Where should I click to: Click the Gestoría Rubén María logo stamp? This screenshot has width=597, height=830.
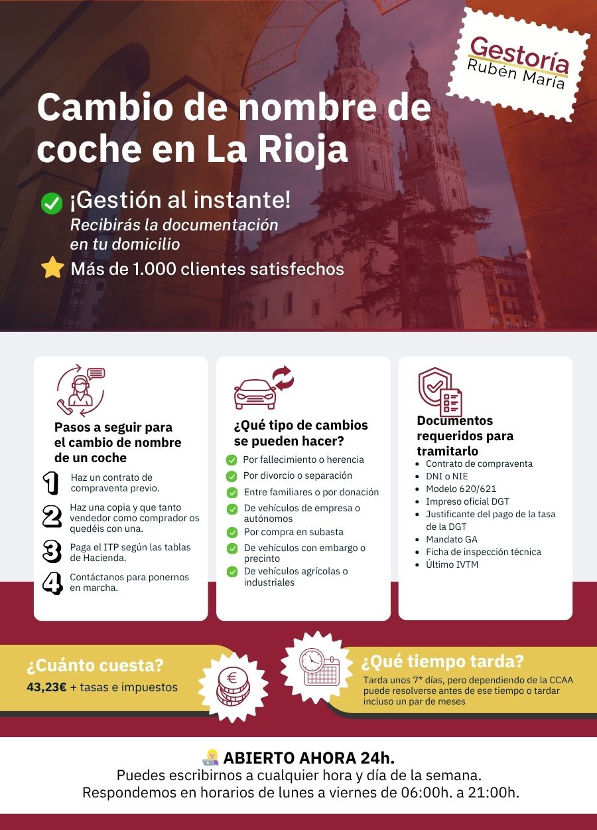[x=518, y=64]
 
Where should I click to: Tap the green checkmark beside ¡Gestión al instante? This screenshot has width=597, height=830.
[x=52, y=203]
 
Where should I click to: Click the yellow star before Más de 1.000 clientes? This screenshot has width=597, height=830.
[x=52, y=268]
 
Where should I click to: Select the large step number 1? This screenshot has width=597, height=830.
[x=50, y=483]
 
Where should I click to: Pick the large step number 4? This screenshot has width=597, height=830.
[x=52, y=582]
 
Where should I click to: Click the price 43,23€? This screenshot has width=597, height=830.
[x=46, y=687]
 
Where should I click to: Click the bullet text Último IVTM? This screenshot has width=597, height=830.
[x=452, y=564]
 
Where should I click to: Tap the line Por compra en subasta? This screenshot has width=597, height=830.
[x=293, y=532]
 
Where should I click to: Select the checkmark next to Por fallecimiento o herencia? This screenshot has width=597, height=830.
[x=232, y=459]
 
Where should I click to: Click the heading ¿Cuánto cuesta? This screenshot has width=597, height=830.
[x=95, y=665]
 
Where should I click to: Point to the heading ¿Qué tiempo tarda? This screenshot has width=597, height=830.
[x=442, y=662]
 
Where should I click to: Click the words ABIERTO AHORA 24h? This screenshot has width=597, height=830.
[x=309, y=758]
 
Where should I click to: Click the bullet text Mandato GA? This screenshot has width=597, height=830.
[x=451, y=539]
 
